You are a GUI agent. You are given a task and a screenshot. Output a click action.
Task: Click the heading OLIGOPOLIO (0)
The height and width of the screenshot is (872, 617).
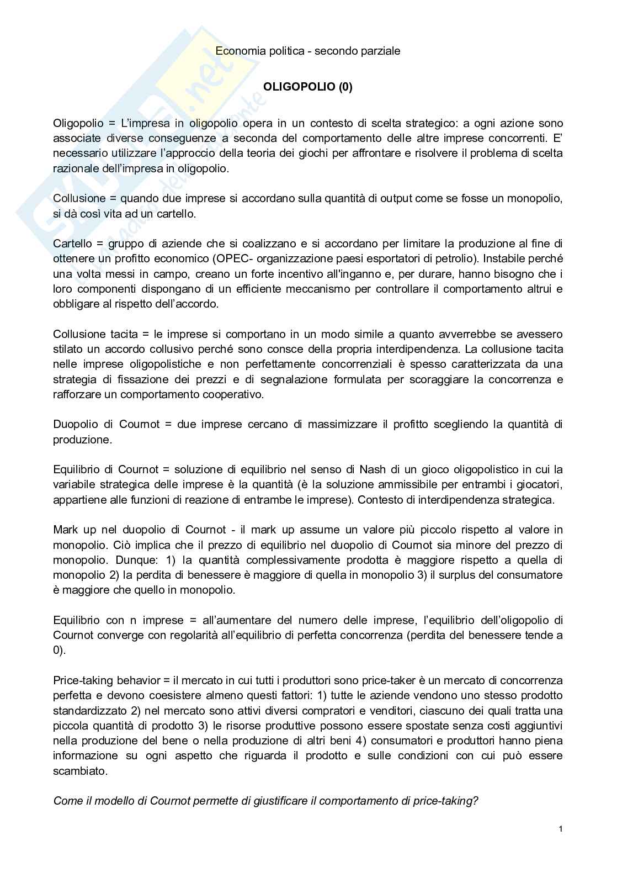click(307, 87)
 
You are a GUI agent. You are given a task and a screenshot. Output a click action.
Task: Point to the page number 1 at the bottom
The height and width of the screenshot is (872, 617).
click(560, 829)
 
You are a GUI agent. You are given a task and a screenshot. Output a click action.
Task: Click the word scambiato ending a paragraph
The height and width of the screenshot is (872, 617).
click(79, 770)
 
